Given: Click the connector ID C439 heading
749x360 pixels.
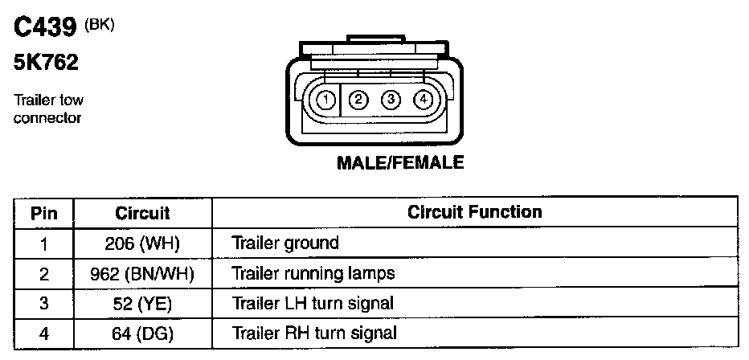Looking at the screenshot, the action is pos(47,29).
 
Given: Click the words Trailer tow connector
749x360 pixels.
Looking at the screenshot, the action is pos(48,109).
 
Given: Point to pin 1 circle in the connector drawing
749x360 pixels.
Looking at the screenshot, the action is pos(325,100).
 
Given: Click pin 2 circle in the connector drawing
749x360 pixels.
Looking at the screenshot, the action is pos(359,100).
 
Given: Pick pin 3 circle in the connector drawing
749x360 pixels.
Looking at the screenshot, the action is pos(391,100).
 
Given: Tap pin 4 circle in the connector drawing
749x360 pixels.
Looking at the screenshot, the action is pos(423,100).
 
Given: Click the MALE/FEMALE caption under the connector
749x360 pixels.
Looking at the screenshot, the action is pos(400,162).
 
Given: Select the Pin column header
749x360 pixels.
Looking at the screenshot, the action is pos(44,213).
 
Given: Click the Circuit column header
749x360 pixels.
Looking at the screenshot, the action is pos(142,213).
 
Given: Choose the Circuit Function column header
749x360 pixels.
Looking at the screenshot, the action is pos(474,212).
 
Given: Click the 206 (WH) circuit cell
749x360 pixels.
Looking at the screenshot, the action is pos(142,243).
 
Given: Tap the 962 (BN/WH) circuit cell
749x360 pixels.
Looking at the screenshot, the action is pos(142,273).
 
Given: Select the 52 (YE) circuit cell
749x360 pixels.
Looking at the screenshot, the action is pos(142,303).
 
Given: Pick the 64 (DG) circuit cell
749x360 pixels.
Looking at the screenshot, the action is pos(142,333).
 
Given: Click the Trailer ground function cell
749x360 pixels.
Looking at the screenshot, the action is pos(285,243).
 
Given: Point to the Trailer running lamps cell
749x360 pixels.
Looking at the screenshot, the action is pos(313,273).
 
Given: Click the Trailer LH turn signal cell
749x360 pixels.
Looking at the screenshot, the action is pos(313,303).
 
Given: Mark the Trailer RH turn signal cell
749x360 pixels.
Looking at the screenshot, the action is pos(314,333).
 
